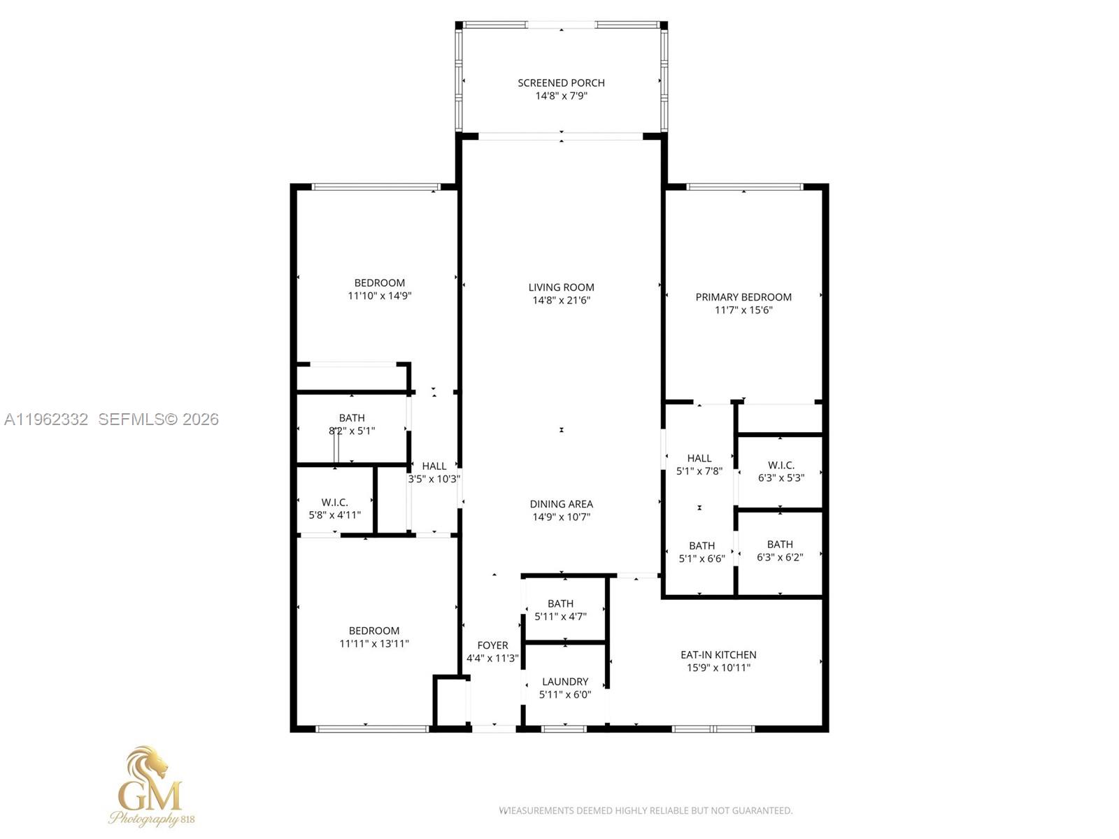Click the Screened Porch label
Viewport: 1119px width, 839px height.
tap(561, 83)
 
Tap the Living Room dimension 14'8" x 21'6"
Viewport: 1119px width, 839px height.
tap(561, 301)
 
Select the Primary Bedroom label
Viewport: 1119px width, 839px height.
tap(743, 297)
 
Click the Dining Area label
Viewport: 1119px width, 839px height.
tap(561, 504)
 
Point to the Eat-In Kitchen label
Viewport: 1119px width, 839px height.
tap(718, 655)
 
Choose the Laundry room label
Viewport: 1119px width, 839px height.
tap(565, 682)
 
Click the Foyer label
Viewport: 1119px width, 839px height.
tap(492, 645)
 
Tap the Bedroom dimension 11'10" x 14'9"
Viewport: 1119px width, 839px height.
tap(380, 296)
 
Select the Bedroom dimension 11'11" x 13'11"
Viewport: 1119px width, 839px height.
tap(374, 644)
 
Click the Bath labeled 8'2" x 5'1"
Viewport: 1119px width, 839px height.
tap(352, 418)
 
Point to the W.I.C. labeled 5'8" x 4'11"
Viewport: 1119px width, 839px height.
tap(335, 503)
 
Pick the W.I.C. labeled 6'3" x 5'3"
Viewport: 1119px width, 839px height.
tap(781, 466)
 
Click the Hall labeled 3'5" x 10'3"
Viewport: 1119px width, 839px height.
tap(434, 466)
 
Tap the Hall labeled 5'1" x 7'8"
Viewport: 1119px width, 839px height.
tap(699, 459)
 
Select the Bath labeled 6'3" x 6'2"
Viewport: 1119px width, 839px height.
tap(780, 545)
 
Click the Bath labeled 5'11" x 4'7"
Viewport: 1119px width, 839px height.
tap(560, 604)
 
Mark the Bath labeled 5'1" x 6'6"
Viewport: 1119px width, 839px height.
tap(701, 546)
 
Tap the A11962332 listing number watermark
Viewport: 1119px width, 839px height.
tap(46, 419)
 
